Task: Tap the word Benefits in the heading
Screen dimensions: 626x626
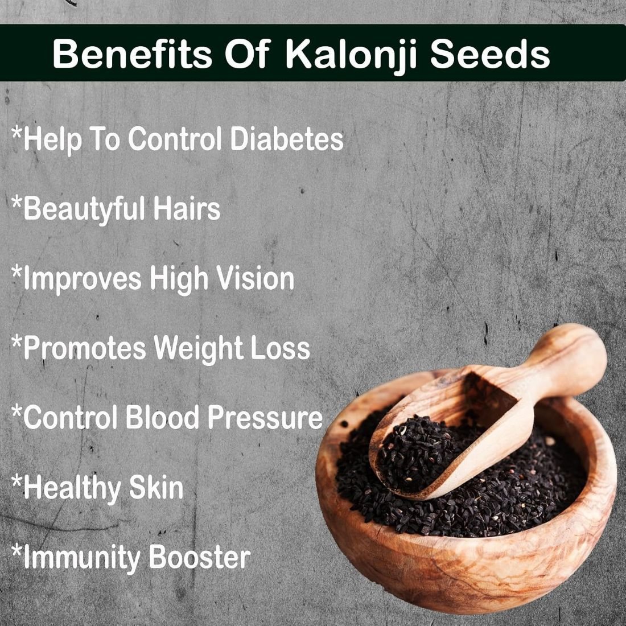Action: tap(132, 54)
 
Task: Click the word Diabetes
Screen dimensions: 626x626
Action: tap(287, 138)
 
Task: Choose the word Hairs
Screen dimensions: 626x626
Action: tap(187, 208)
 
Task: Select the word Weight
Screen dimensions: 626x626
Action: tap(199, 348)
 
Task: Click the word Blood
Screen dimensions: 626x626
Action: tap(162, 417)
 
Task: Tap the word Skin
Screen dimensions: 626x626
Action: tap(156, 487)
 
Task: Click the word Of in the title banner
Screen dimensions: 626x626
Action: tap(248, 54)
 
